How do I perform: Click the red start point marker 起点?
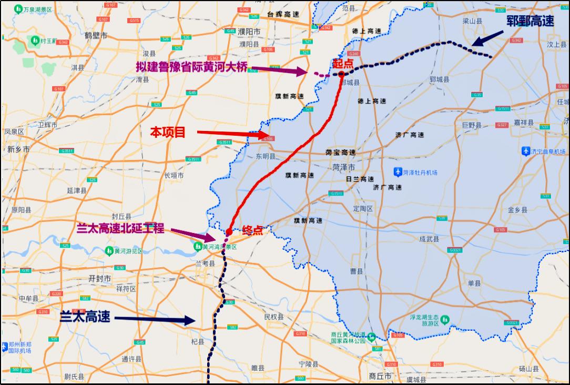tap(341, 74)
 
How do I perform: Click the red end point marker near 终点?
tap(229, 232)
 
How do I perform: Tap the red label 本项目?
tap(168, 133)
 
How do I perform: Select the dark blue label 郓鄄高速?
tap(530, 21)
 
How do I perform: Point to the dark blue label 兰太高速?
tap(85, 317)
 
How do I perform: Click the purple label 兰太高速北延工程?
tap(120, 228)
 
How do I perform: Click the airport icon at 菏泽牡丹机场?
tap(398, 172)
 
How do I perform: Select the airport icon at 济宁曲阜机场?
tap(525, 151)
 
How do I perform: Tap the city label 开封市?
tap(100, 278)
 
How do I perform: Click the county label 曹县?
tap(357, 271)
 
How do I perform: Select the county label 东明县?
tap(266, 156)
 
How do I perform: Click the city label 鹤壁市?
tap(96, 35)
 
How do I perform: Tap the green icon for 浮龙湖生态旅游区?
tap(445, 319)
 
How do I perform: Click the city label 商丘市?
tap(380, 376)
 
